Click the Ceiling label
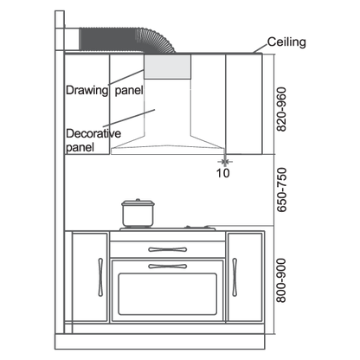point(286,42)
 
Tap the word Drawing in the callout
point(87,90)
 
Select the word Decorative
point(93,133)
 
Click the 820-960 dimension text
point(281,109)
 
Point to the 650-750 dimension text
point(281,190)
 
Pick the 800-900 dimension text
point(281,280)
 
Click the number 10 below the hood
point(223,173)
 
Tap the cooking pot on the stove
point(138,214)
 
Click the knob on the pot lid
point(138,200)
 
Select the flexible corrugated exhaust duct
point(127,40)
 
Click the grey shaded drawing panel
point(167,67)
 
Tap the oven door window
point(167,294)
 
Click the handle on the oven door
point(168,267)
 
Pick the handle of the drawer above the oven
point(168,249)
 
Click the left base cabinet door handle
point(100,277)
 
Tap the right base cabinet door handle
point(235,277)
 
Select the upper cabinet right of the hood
point(244,104)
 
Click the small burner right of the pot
point(196,228)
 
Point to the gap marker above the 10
point(225,162)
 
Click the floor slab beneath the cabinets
point(159,342)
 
